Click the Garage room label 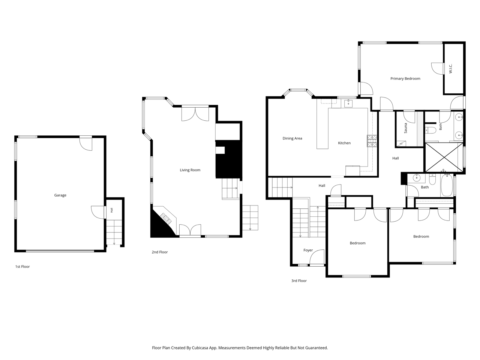pos(60,195)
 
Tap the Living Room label pos(190,170)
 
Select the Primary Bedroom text pos(405,79)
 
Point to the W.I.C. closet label pos(450,69)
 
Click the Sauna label pos(406,128)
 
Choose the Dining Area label pos(292,138)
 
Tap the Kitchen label pos(344,143)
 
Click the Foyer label pos(308,250)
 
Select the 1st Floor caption pos(22,267)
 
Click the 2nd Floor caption pos(160,252)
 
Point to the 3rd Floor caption pos(299,280)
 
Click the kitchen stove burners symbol pos(372,141)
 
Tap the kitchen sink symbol pos(348,103)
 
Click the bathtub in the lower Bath pos(447,185)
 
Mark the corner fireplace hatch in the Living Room pos(166,219)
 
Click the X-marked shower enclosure pos(444,157)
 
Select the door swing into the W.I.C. pos(437,69)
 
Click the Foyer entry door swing pos(317,256)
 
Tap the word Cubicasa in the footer pos(200,348)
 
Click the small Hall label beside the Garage pos(112,210)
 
